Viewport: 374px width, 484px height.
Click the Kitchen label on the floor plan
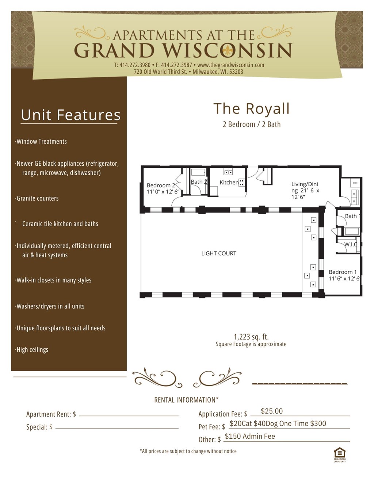point(229,183)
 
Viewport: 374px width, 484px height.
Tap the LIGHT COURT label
point(219,253)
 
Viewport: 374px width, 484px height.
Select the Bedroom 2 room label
point(161,185)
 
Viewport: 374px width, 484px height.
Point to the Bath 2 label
point(199,182)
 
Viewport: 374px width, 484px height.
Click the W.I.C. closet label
point(351,245)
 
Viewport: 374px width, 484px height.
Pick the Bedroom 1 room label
point(343,272)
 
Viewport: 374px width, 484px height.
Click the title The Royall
point(251,109)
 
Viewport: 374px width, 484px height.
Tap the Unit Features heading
point(70,115)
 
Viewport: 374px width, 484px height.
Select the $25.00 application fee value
point(272,411)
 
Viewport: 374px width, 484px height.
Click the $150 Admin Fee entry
point(250,437)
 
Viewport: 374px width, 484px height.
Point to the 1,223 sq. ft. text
point(251,337)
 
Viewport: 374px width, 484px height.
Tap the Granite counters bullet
point(37,199)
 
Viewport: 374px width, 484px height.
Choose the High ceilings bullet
point(32,350)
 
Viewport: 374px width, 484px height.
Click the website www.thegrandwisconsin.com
point(230,65)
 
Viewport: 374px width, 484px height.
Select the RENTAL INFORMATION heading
point(186,400)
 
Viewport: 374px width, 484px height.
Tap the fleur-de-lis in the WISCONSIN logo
point(228,51)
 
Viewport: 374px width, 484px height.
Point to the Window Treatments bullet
point(41,142)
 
